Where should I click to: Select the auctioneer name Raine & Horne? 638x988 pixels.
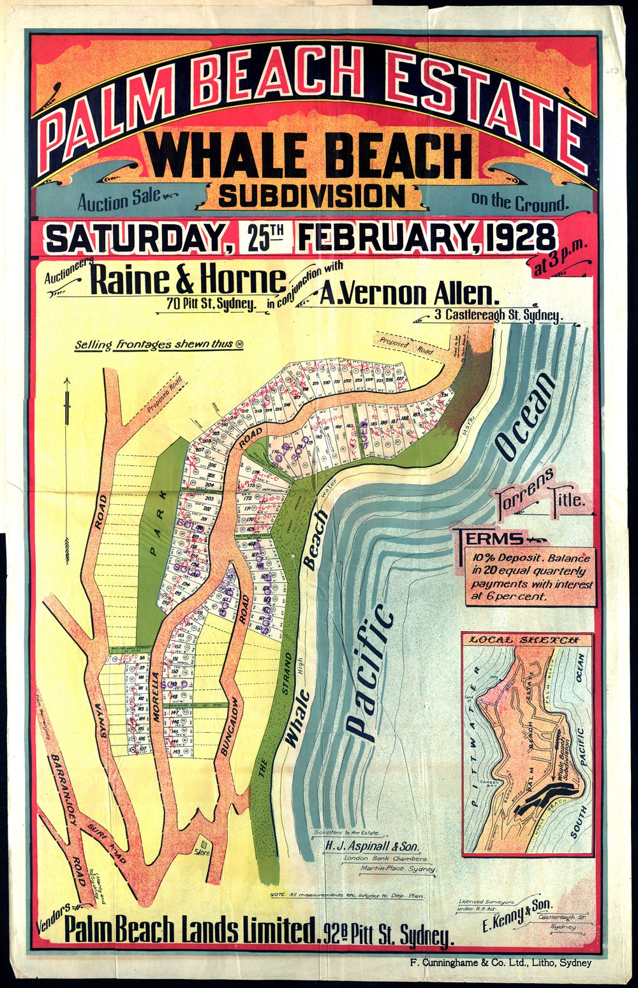(189, 281)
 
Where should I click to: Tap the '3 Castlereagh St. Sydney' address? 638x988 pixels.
(498, 315)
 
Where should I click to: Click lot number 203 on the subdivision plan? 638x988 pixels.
(209, 498)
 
